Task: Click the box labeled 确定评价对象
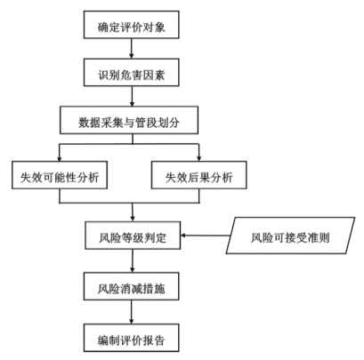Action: (132, 25)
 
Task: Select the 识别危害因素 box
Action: (132, 73)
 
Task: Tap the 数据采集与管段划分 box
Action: (129, 120)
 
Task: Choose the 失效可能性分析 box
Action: (60, 175)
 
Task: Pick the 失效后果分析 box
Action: (199, 175)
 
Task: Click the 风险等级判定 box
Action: (133, 236)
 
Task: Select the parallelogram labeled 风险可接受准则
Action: (290, 236)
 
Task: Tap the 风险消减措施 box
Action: (132, 286)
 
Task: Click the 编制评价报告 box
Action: (132, 338)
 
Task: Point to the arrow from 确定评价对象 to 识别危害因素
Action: (132, 49)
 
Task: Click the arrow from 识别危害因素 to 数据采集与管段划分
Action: (132, 96)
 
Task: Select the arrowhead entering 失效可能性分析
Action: (60, 159)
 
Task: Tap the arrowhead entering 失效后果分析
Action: (199, 159)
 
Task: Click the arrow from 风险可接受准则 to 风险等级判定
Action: (206, 236)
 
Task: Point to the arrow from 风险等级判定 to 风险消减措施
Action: (133, 260)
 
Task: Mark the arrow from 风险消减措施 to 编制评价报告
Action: (132, 312)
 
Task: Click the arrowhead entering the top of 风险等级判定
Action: (133, 219)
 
